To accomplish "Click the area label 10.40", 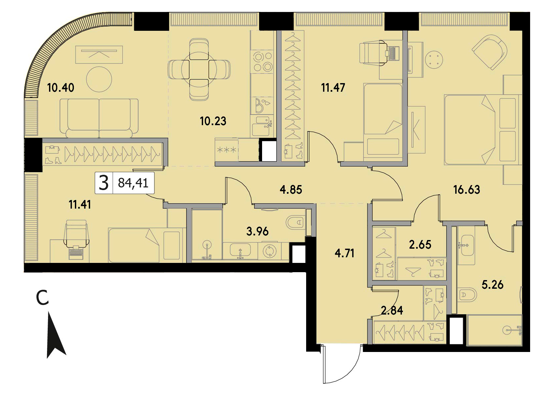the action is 61,88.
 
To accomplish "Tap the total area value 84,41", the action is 133,183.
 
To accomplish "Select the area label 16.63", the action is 467,190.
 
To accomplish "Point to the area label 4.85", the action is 291,190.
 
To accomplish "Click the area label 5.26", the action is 492,285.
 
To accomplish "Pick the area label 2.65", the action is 420,245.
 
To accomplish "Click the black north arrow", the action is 56,335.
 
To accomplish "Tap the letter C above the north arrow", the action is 42,298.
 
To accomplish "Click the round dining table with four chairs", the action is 199,69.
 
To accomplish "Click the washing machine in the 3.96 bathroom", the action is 269,251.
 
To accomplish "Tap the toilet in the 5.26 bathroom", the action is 467,295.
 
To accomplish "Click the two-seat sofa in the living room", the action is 99,118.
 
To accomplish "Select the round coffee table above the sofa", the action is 99,79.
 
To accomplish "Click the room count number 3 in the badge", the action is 104,183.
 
